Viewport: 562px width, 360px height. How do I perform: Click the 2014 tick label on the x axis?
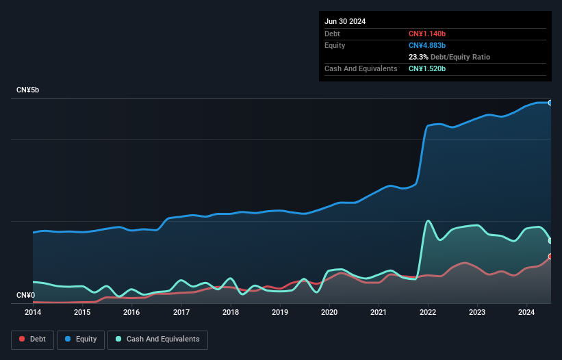click(x=33, y=312)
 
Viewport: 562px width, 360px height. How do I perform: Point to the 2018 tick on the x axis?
click(x=231, y=312)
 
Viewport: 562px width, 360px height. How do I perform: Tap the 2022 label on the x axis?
click(x=428, y=312)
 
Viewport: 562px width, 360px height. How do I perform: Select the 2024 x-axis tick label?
click(x=526, y=312)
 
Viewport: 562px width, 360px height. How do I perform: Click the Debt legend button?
click(x=31, y=339)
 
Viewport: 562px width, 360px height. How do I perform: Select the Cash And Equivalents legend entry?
click(x=157, y=339)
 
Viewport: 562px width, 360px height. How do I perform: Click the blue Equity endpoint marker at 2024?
click(x=550, y=103)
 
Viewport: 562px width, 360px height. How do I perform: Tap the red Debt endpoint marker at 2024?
click(x=550, y=257)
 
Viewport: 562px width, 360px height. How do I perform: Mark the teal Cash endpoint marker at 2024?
click(x=550, y=240)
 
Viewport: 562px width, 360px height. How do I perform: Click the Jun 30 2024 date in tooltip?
click(x=345, y=21)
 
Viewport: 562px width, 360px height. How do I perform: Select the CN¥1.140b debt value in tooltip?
click(x=427, y=34)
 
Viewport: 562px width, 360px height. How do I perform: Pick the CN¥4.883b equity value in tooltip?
click(x=427, y=45)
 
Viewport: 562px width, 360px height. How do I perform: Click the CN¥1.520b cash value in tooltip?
click(x=427, y=68)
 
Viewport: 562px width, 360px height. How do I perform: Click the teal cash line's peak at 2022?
click(x=429, y=220)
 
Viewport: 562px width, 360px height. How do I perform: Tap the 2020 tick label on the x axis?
click(x=329, y=312)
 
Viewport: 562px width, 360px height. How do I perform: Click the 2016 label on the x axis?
click(x=131, y=312)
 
